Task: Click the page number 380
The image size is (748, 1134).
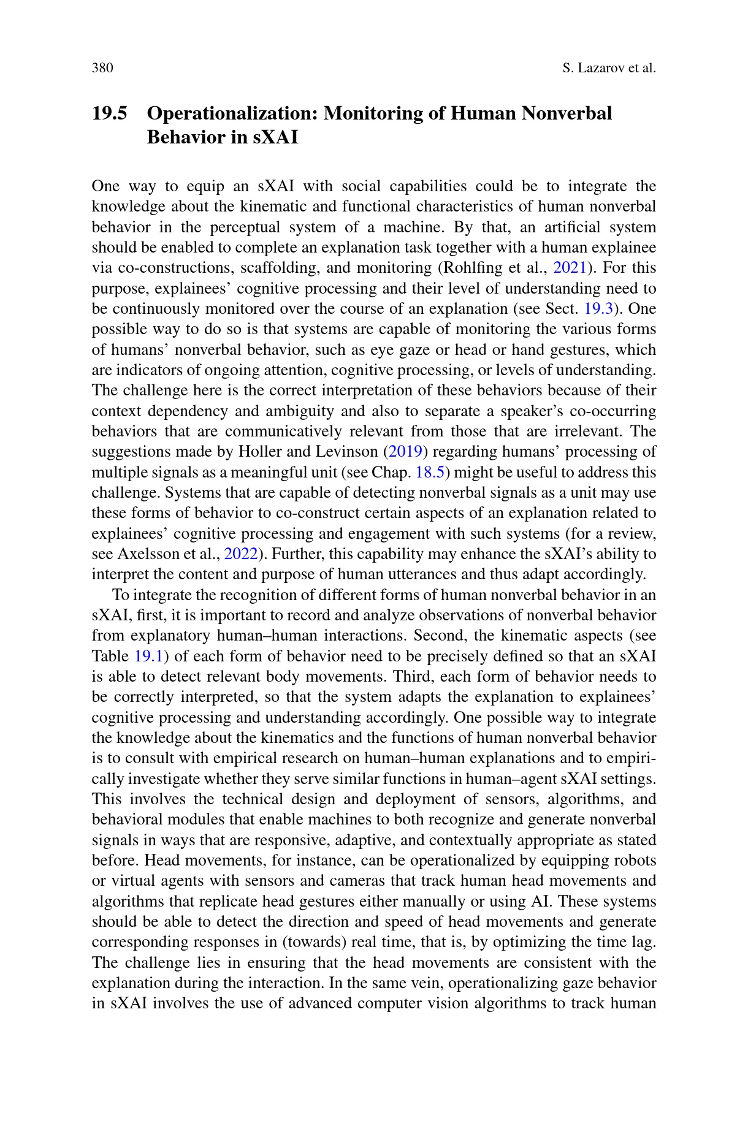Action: click(x=102, y=68)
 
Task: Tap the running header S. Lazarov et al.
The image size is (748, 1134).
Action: click(x=608, y=68)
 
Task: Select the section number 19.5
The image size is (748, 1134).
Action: click(x=110, y=113)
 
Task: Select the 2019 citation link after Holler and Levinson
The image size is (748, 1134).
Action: click(x=405, y=452)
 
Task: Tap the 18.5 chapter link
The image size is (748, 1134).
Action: click(x=429, y=473)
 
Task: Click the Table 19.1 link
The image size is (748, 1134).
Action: click(x=148, y=656)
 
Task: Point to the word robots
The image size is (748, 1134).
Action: click(x=634, y=861)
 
